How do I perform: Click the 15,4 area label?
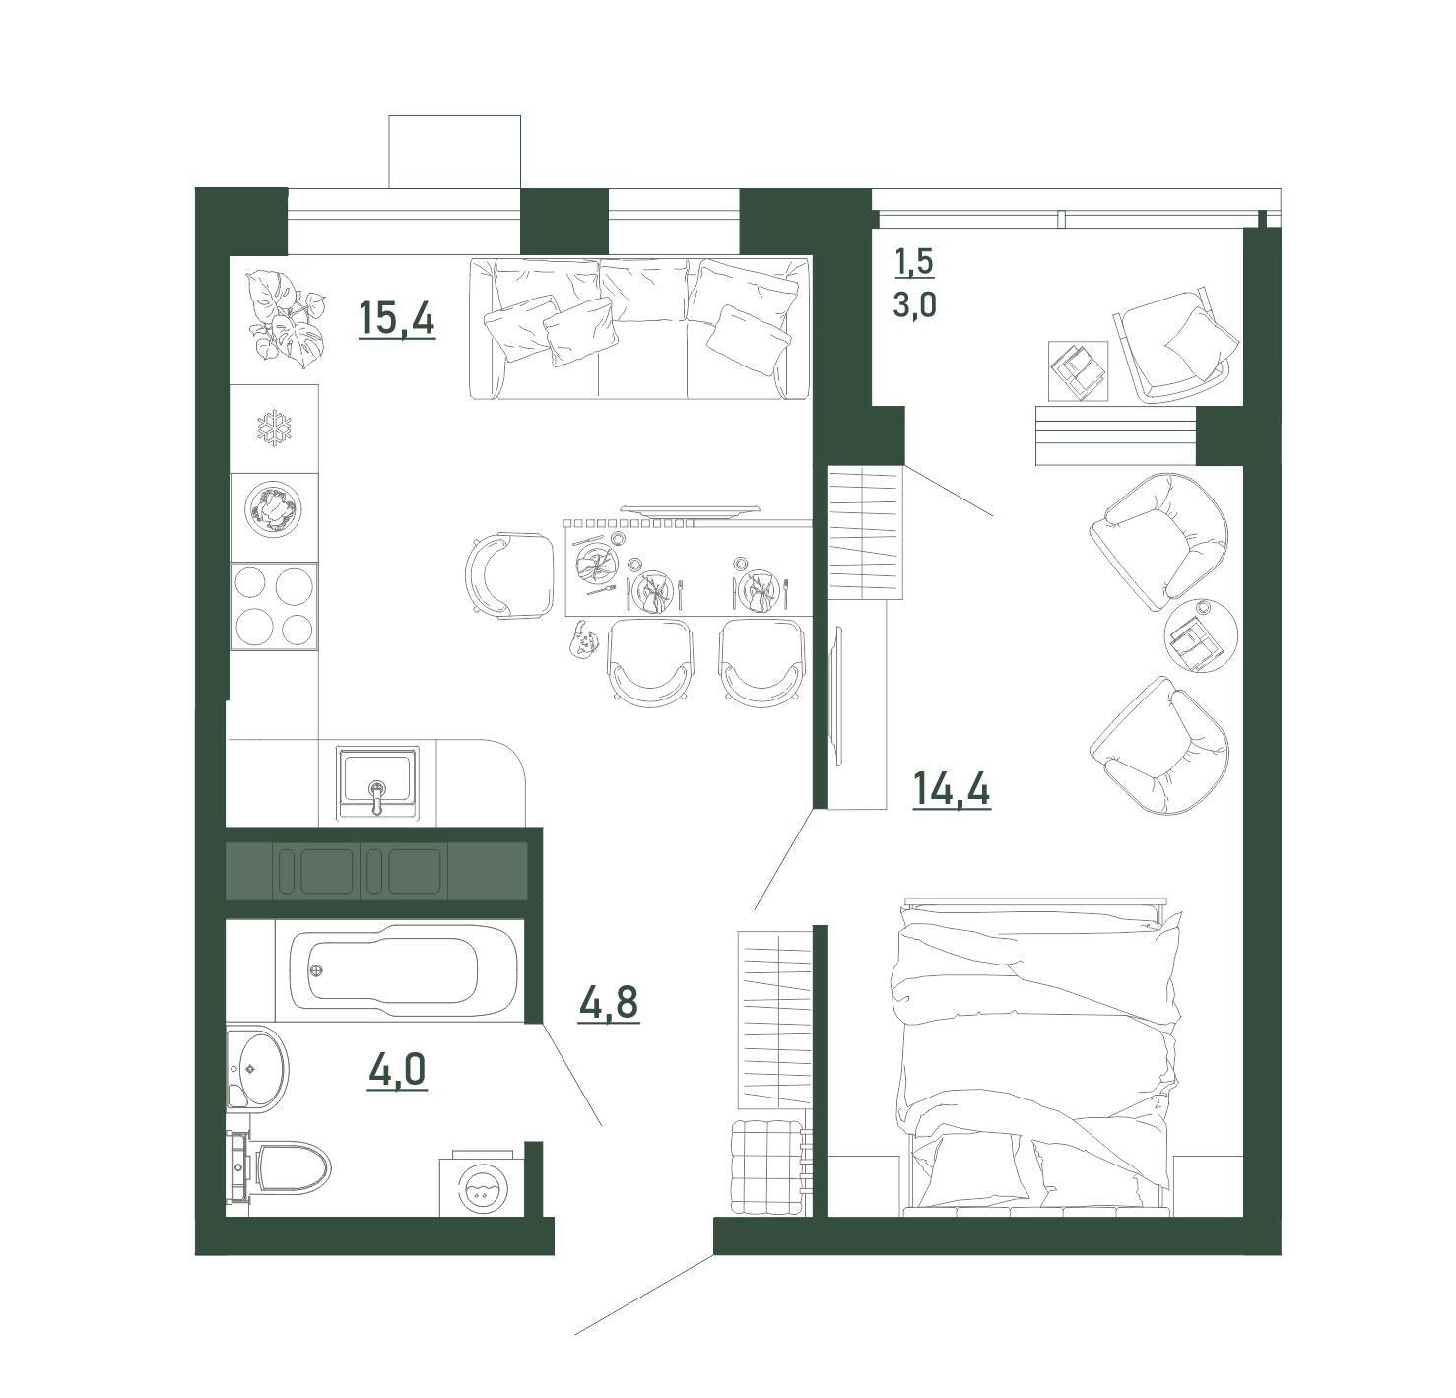point(397,319)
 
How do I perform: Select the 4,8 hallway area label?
point(608,1003)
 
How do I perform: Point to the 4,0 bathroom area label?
point(397,1070)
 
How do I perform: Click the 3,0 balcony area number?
point(914,305)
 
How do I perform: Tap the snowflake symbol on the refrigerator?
point(275,429)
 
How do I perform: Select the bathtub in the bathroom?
point(394,969)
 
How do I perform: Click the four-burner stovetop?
point(274,606)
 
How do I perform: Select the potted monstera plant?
point(286,319)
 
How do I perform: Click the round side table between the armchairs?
point(1201,635)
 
